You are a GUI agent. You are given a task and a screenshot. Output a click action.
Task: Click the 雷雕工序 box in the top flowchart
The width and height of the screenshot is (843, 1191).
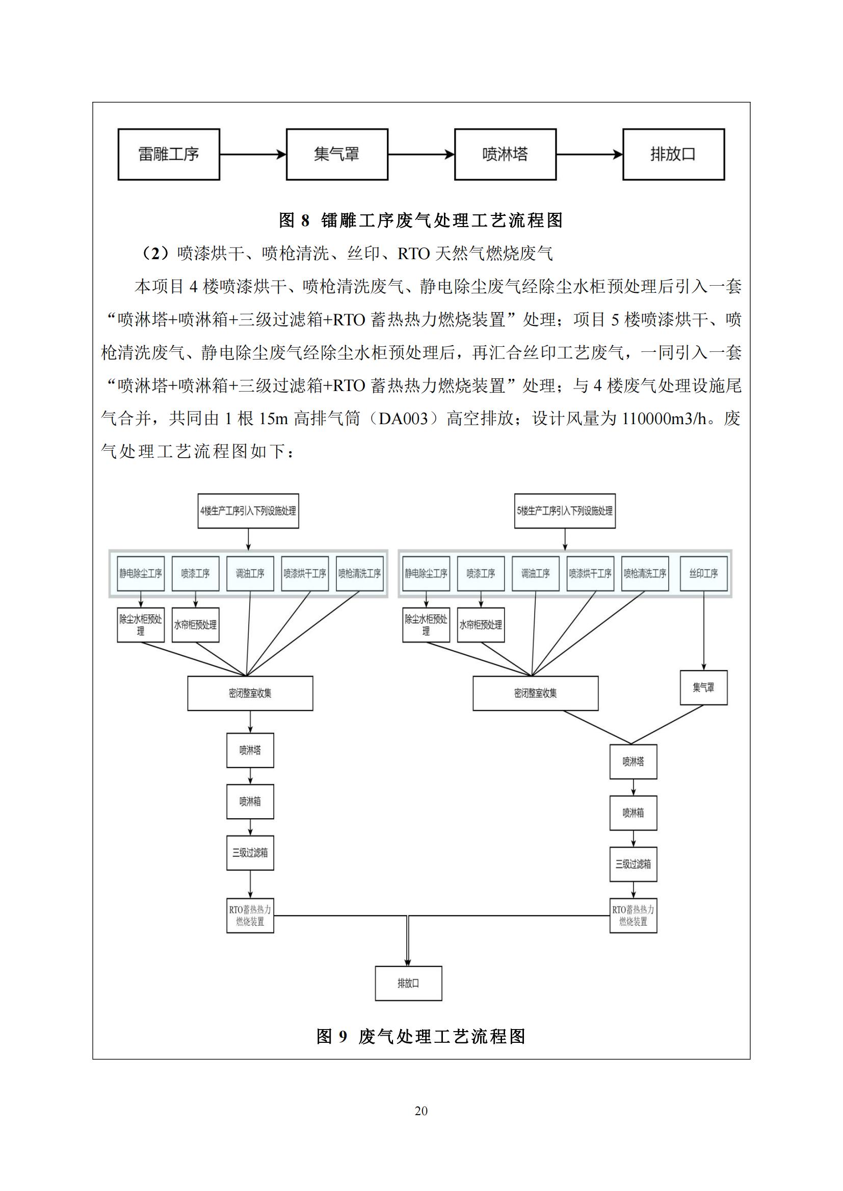[169, 155]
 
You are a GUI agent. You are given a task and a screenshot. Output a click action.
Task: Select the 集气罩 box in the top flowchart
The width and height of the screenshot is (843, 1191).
[337, 155]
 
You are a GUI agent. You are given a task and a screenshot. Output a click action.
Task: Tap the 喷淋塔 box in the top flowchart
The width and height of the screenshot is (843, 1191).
[505, 155]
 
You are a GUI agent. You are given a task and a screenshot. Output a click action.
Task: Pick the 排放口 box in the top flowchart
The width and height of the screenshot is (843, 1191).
[673, 155]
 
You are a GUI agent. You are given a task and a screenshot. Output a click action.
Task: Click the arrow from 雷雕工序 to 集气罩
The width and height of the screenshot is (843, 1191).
[253, 154]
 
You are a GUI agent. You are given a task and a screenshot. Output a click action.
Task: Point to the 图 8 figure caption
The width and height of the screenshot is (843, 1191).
[421, 220]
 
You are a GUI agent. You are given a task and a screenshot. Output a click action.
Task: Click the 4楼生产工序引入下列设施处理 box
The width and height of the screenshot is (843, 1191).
[248, 511]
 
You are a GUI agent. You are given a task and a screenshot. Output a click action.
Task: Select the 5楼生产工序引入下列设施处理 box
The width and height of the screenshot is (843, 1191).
[565, 511]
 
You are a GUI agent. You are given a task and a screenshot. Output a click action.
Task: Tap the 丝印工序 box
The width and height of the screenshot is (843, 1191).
[703, 574]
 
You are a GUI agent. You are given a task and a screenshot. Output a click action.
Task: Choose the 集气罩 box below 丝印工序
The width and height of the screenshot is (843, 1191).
[703, 688]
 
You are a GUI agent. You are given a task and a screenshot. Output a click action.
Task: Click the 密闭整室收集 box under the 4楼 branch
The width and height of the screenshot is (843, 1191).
[250, 694]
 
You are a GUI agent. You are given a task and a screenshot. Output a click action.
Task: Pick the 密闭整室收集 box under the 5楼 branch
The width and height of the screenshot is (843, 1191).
[535, 694]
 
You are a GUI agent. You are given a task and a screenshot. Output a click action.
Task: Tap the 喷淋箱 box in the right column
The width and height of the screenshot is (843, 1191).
[634, 813]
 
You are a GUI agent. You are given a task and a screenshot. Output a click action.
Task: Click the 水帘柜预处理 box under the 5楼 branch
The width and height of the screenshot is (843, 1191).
[481, 625]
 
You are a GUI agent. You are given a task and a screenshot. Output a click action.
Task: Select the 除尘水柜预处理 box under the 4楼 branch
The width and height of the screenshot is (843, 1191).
[141, 625]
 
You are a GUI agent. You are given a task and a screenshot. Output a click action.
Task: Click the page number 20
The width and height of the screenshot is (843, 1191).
[422, 1111]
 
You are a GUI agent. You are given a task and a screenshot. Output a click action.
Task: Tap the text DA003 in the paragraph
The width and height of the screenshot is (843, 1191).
[403, 419]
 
